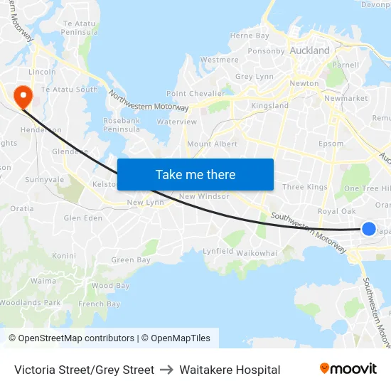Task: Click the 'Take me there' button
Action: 195,174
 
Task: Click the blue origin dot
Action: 368,228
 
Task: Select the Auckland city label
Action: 310,50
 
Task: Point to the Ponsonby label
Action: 266,51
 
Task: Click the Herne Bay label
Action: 250,36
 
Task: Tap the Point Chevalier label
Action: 195,94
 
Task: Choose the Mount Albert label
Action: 212,144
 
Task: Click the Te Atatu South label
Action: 70,90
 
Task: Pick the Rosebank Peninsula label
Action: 122,124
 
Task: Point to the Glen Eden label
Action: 83,218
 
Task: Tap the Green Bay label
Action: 131,260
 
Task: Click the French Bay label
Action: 100,304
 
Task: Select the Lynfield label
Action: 218,252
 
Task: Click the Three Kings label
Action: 305,187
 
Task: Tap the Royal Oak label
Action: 336,211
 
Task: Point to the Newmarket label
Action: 346,98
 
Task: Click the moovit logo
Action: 348,369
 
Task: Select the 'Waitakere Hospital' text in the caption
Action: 230,370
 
